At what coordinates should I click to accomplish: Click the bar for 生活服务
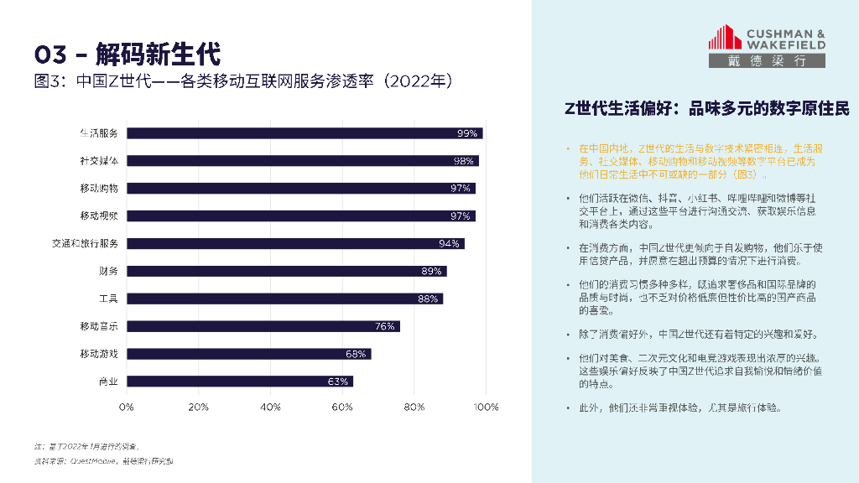[x=305, y=133]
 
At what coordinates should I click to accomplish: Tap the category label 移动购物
[x=99, y=188]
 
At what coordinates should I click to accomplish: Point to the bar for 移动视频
[x=300, y=216]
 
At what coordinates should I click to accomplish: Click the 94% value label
[x=449, y=243]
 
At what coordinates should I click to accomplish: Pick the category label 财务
[x=108, y=271]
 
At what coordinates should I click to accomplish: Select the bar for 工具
[x=284, y=299]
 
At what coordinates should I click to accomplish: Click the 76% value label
[x=385, y=326]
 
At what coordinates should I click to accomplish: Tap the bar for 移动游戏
[x=248, y=354]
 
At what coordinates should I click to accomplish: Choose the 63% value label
[x=338, y=382]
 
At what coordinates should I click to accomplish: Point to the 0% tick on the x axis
[x=127, y=407]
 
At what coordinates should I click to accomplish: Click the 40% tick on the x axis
[x=271, y=407]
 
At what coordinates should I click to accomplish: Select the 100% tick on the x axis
[x=487, y=407]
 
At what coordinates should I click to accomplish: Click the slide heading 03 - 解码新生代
[x=127, y=55]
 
